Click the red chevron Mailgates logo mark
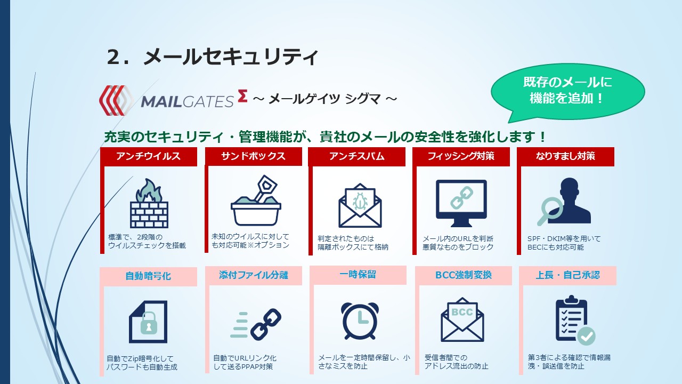click(116, 100)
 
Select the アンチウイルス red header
click(149, 156)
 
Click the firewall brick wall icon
click(149, 203)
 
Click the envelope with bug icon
click(360, 205)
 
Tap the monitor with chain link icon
click(461, 203)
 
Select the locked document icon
click(148, 322)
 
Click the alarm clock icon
click(360, 321)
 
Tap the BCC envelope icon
click(462, 319)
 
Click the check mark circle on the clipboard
click(587, 336)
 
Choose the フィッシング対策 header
click(461, 156)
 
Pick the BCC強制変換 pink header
click(464, 275)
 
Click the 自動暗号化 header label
click(148, 276)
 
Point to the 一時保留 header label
click(358, 275)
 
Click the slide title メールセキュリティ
click(231, 57)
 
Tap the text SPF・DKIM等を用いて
click(564, 238)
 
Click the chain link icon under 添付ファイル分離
click(266, 324)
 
